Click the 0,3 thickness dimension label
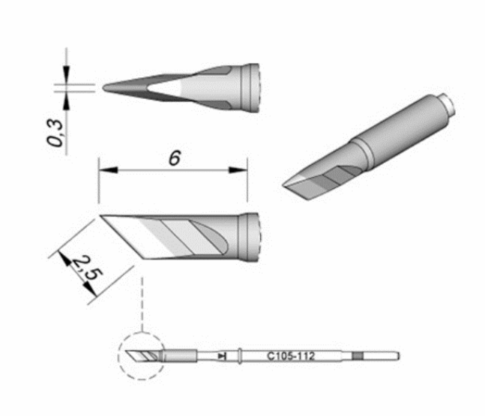pyautogui.click(x=55, y=133)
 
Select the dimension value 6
pyautogui.click(x=175, y=158)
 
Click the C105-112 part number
pyautogui.click(x=290, y=356)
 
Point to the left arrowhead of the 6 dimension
pyautogui.click(x=108, y=170)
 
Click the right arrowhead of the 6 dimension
pyautogui.click(x=238, y=170)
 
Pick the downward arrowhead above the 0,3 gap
pyautogui.click(x=67, y=74)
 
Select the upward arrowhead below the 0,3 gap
pyautogui.click(x=67, y=100)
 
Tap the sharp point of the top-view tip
pyautogui.click(x=103, y=88)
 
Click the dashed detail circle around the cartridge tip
pyautogui.click(x=118, y=356)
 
